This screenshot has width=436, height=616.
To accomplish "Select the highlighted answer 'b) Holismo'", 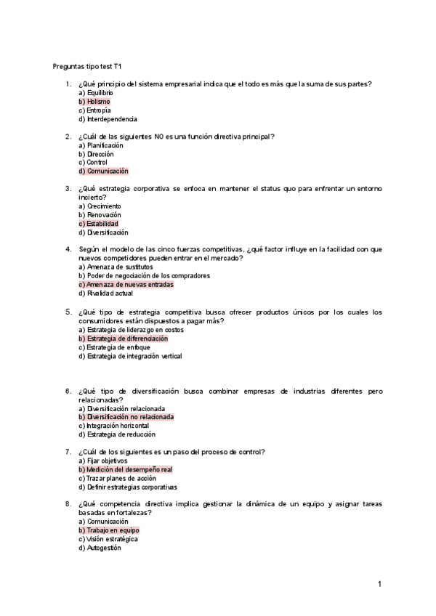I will pyautogui.click(x=94, y=102).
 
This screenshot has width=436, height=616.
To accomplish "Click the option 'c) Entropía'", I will pyautogui.click(x=94, y=110).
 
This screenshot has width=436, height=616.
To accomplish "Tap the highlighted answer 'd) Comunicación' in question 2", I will pyautogui.click(x=103, y=171).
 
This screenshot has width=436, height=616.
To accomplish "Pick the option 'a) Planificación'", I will pyautogui.click(x=101, y=145).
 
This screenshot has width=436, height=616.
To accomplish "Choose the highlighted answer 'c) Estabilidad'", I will pyautogui.click(x=98, y=224).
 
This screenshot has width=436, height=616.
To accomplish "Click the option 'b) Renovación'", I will pyautogui.click(x=100, y=215).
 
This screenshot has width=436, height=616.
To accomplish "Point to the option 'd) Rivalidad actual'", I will pyautogui.click(x=105, y=293).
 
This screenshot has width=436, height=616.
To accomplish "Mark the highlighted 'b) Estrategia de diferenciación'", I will pyautogui.click(x=123, y=339).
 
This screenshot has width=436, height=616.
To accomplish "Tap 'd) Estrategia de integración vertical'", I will pyautogui.click(x=130, y=356).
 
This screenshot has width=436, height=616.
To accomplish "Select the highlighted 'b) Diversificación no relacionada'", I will pyautogui.click(x=126, y=417).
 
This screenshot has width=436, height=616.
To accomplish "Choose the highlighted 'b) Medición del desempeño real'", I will pyautogui.click(x=125, y=469).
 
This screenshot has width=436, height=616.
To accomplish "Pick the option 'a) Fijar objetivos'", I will pyautogui.click(x=102, y=461).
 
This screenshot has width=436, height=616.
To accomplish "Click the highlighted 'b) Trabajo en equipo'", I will pyautogui.click(x=108, y=530).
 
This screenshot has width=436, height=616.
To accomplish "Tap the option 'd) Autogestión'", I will pyautogui.click(x=100, y=548).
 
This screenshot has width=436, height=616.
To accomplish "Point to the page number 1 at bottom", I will pyautogui.click(x=379, y=583).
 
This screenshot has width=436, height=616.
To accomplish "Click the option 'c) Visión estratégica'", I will pyautogui.click(x=108, y=539).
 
